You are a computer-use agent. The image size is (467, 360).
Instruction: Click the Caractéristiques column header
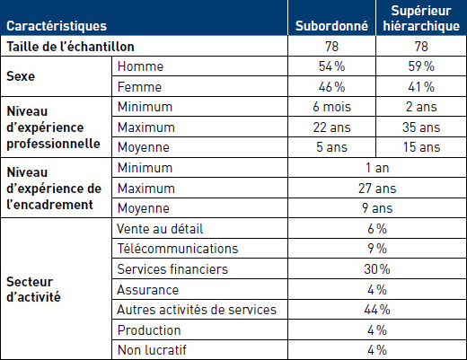click(57, 26)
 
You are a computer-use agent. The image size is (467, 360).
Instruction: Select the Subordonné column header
click(331, 26)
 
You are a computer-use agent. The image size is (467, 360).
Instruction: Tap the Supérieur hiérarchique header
click(421, 19)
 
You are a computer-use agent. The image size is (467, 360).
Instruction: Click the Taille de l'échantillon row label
click(70, 47)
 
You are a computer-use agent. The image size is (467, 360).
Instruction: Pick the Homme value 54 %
click(331, 66)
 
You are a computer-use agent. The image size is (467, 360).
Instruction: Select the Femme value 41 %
click(421, 87)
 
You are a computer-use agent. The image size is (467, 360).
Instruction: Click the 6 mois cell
click(331, 107)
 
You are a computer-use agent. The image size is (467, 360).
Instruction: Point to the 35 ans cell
click(421, 127)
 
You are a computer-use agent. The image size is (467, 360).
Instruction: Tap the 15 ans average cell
click(421, 147)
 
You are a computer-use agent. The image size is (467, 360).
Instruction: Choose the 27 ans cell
click(377, 189)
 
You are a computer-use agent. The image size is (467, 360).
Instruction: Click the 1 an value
click(377, 168)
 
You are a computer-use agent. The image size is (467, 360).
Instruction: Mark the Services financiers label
click(172, 269)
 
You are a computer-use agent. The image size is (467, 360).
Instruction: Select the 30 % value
click(377, 269)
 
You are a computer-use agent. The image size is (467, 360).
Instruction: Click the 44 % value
click(377, 310)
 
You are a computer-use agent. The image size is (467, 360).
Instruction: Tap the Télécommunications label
click(178, 249)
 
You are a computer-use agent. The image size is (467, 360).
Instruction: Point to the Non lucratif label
click(152, 350)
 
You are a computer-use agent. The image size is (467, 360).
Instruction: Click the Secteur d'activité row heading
click(33, 289)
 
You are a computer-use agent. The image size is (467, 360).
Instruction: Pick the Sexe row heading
click(21, 76)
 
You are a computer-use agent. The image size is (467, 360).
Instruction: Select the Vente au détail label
click(160, 229)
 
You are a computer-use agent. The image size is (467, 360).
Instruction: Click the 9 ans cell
click(377, 208)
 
